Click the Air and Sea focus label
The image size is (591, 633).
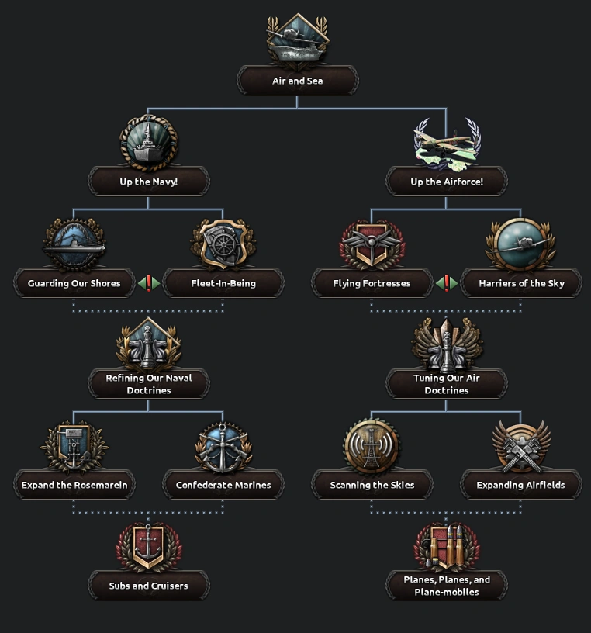point(297,81)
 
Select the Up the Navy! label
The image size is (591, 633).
point(148,182)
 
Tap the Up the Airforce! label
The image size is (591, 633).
point(446,182)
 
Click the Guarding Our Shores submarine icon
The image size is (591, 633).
point(74,244)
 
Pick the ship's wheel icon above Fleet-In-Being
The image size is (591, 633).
point(223,244)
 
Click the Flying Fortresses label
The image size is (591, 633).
point(372,283)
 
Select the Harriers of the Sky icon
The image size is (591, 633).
point(520,244)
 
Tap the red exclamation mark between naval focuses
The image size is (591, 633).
point(148,283)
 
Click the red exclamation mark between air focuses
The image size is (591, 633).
point(446,283)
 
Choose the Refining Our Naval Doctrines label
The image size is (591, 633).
point(148,384)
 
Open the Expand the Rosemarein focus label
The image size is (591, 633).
point(74,485)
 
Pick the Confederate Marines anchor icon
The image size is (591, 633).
point(223,447)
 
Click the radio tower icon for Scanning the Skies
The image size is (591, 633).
point(372,447)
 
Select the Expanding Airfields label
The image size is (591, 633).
point(520,485)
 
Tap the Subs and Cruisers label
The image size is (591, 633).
point(148,586)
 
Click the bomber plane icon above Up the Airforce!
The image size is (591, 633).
point(446,144)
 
